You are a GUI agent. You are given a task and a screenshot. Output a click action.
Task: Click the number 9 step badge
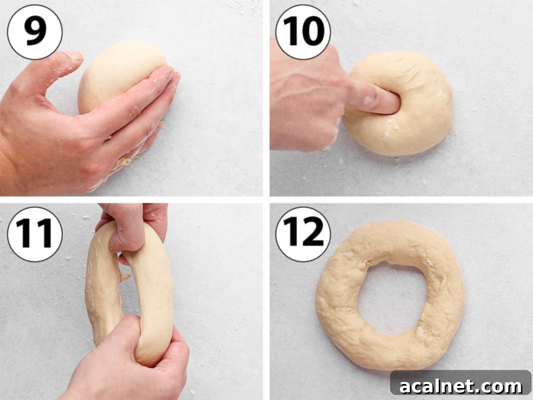35,32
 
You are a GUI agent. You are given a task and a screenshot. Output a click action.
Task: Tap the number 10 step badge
303,32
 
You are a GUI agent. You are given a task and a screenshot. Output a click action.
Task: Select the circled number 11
35,234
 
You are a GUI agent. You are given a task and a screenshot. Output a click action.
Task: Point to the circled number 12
303,234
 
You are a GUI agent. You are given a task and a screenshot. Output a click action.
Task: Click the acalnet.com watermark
460,387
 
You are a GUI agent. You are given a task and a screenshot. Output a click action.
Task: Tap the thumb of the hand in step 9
67,60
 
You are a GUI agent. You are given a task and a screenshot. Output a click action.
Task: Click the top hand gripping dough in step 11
133,227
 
